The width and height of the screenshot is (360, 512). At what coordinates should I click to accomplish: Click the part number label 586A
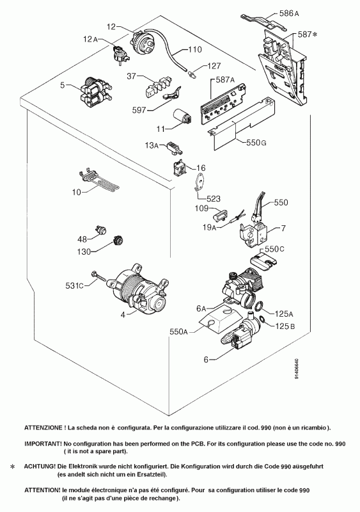(x=289, y=13)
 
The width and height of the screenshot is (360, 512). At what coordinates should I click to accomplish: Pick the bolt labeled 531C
(x=98, y=276)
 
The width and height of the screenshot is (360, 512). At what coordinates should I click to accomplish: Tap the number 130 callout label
(x=84, y=252)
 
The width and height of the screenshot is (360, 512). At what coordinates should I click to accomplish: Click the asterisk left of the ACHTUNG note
(x=13, y=467)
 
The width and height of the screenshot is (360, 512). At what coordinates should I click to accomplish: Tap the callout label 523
(x=213, y=198)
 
